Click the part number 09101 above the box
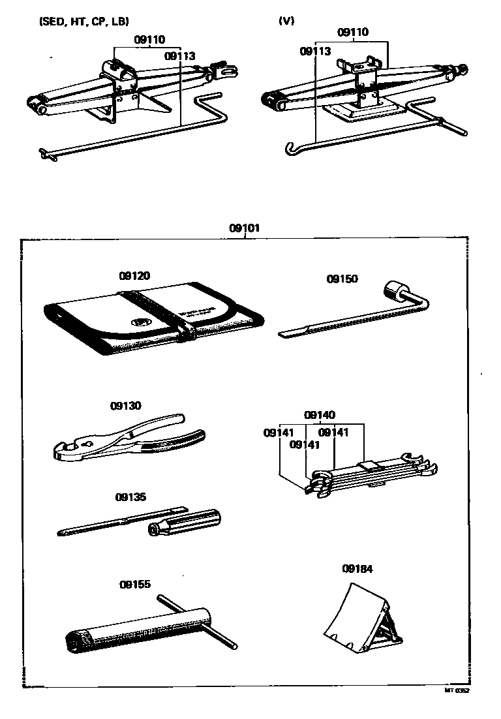pos(245,228)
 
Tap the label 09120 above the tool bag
pos(134,276)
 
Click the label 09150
pos(342,279)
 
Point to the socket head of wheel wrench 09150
pos(395,290)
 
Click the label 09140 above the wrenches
pos(320,415)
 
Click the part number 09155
pos(135,584)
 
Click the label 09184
pos(357,568)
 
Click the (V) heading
pos(286,20)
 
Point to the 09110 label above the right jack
pos(353,32)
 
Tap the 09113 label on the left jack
pos(180,56)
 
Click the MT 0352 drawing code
pos(457,690)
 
